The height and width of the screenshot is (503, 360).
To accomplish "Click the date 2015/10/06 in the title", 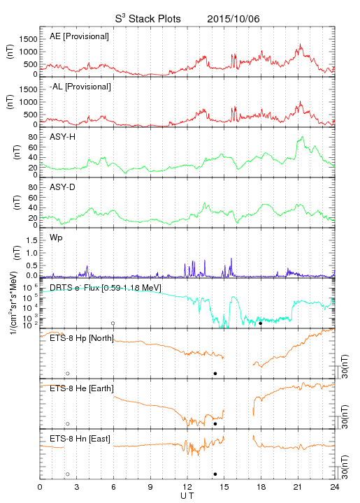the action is (233, 19).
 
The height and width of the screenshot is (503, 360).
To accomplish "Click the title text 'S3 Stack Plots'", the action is (148, 18).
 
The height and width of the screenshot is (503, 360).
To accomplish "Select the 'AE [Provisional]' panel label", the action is (79, 36).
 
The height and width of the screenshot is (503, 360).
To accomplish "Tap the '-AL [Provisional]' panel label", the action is (80, 87).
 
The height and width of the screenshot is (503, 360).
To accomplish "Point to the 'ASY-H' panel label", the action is (63, 137).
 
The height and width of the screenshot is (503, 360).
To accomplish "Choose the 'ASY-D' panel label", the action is (63, 187).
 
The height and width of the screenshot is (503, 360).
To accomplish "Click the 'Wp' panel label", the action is (56, 238).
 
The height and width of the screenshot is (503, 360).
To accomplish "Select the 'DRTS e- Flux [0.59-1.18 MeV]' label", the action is (106, 287).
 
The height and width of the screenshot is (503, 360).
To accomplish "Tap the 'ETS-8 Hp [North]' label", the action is (82, 338).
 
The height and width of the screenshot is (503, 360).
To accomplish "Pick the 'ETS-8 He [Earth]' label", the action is (82, 388).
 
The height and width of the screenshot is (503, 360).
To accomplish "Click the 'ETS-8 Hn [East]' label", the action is (80, 439).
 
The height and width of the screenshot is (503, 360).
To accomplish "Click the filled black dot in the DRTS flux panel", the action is (261, 323).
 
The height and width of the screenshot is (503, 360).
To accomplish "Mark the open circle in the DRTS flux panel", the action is (113, 323).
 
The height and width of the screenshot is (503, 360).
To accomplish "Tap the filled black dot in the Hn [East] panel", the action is (215, 474).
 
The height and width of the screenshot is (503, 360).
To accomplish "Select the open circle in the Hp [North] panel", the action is (68, 374).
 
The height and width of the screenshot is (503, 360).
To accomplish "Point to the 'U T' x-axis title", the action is (187, 496).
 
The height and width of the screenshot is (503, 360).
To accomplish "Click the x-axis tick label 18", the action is (261, 488).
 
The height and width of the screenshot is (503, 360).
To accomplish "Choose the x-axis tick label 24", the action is (335, 488).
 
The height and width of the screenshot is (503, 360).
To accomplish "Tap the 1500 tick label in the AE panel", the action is (29, 39).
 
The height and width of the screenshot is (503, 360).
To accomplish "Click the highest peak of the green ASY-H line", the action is (302, 137).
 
